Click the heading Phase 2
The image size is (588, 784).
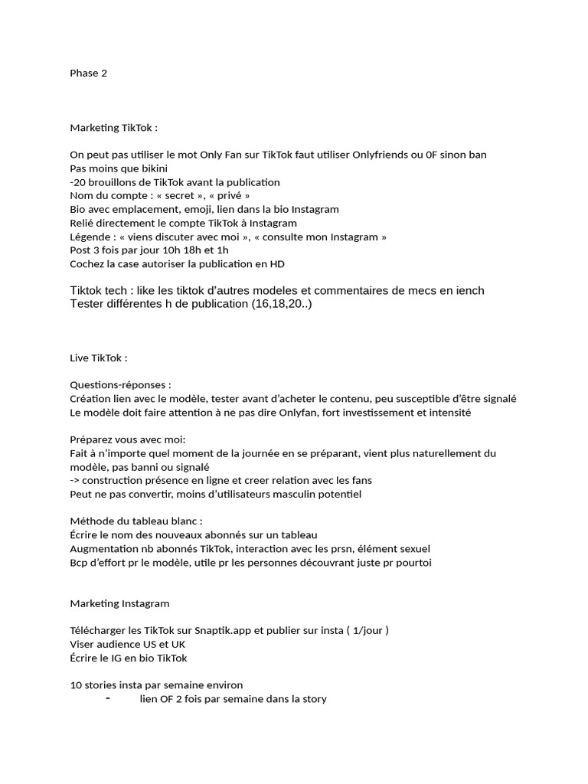88,73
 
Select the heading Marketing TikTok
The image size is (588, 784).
113,127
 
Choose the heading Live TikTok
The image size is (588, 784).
98,358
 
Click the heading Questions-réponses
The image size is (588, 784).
120,385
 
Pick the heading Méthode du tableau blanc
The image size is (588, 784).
136,521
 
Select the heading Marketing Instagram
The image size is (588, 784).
119,604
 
